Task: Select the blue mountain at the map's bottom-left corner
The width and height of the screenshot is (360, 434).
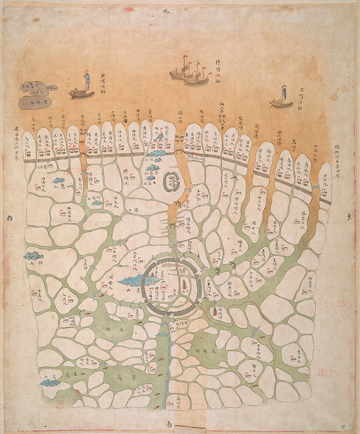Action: (x=49, y=383)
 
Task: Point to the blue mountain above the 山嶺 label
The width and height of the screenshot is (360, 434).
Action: (x=33, y=256)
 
